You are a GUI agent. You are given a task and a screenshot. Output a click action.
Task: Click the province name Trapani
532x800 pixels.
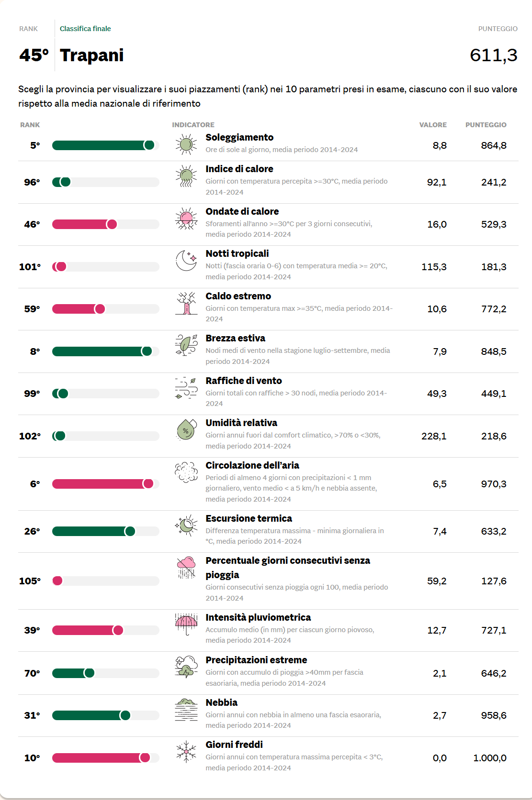(91, 55)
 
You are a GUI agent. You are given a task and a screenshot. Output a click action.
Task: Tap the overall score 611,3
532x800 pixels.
(493, 55)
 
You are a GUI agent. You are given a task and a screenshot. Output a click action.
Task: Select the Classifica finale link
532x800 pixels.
(85, 29)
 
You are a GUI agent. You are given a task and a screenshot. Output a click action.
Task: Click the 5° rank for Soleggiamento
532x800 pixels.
(35, 145)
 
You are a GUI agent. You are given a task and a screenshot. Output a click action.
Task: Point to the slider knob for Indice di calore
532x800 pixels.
(66, 182)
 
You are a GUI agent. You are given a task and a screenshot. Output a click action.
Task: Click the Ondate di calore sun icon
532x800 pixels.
(186, 219)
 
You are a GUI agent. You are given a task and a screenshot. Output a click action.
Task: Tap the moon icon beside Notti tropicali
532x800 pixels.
(186, 261)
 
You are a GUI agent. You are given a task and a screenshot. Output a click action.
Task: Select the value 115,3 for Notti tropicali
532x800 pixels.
(434, 267)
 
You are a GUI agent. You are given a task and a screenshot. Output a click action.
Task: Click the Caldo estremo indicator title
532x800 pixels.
(238, 296)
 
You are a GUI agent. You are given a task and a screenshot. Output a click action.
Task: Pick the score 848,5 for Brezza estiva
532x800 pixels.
(493, 351)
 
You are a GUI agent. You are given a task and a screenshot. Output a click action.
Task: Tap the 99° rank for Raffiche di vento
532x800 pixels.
(32, 394)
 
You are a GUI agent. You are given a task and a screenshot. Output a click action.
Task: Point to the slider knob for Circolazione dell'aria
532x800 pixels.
(148, 484)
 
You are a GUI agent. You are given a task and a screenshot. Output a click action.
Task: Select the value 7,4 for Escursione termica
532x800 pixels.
(440, 531)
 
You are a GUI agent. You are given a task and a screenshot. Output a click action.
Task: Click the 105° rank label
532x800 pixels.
(30, 581)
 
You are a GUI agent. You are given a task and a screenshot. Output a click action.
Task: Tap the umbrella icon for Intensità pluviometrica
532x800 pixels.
(186, 624)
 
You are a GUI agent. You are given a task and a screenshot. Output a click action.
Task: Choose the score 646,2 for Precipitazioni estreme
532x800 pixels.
(493, 673)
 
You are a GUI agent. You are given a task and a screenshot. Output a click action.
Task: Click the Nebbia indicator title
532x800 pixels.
(221, 702)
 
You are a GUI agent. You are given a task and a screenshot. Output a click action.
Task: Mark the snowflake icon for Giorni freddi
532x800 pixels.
(186, 752)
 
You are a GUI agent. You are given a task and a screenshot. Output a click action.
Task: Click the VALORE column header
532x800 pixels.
(433, 125)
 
